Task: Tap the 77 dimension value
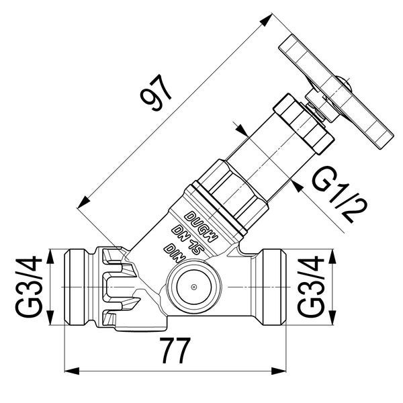click(173, 350)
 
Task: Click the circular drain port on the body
click(193, 287)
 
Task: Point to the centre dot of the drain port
click(193, 287)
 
